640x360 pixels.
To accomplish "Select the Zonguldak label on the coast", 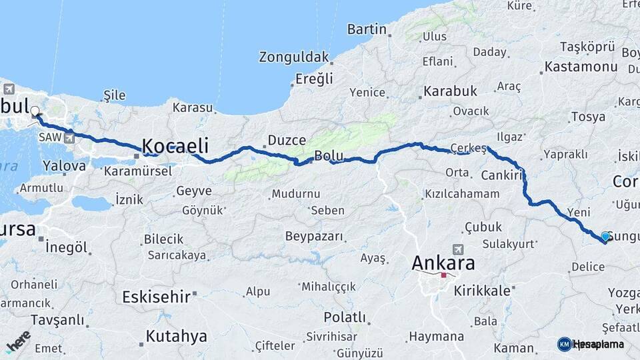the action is pos(295,57).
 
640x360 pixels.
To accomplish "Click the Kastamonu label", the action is pos(581,67).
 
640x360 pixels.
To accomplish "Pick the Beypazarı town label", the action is pos(314,236).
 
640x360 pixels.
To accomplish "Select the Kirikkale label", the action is pos(483,291).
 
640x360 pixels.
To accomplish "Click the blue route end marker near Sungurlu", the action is pos(605,236).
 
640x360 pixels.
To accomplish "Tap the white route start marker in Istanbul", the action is pos(35,112).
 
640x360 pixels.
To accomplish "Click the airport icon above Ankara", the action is pos(458,249).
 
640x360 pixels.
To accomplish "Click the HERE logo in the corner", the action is pos(18,341).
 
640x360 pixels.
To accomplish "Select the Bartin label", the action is pos(367,29).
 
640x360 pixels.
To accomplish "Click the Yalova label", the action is pos(64,165).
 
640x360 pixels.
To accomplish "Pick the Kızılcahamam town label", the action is pos(461,194).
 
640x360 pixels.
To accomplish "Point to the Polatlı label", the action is pos(345,317).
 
